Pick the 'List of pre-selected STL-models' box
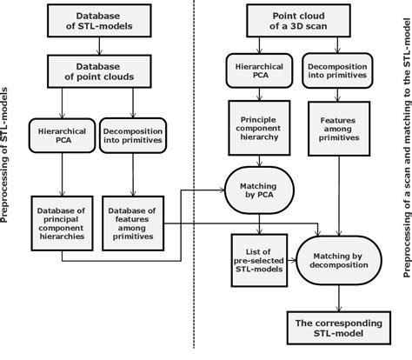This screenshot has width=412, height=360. click(252, 257)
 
